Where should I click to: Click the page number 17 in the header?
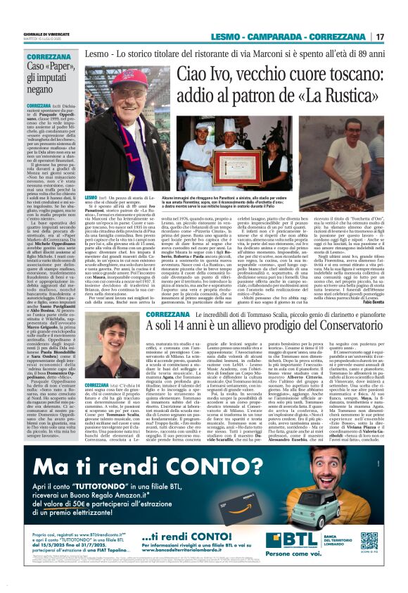380,37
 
